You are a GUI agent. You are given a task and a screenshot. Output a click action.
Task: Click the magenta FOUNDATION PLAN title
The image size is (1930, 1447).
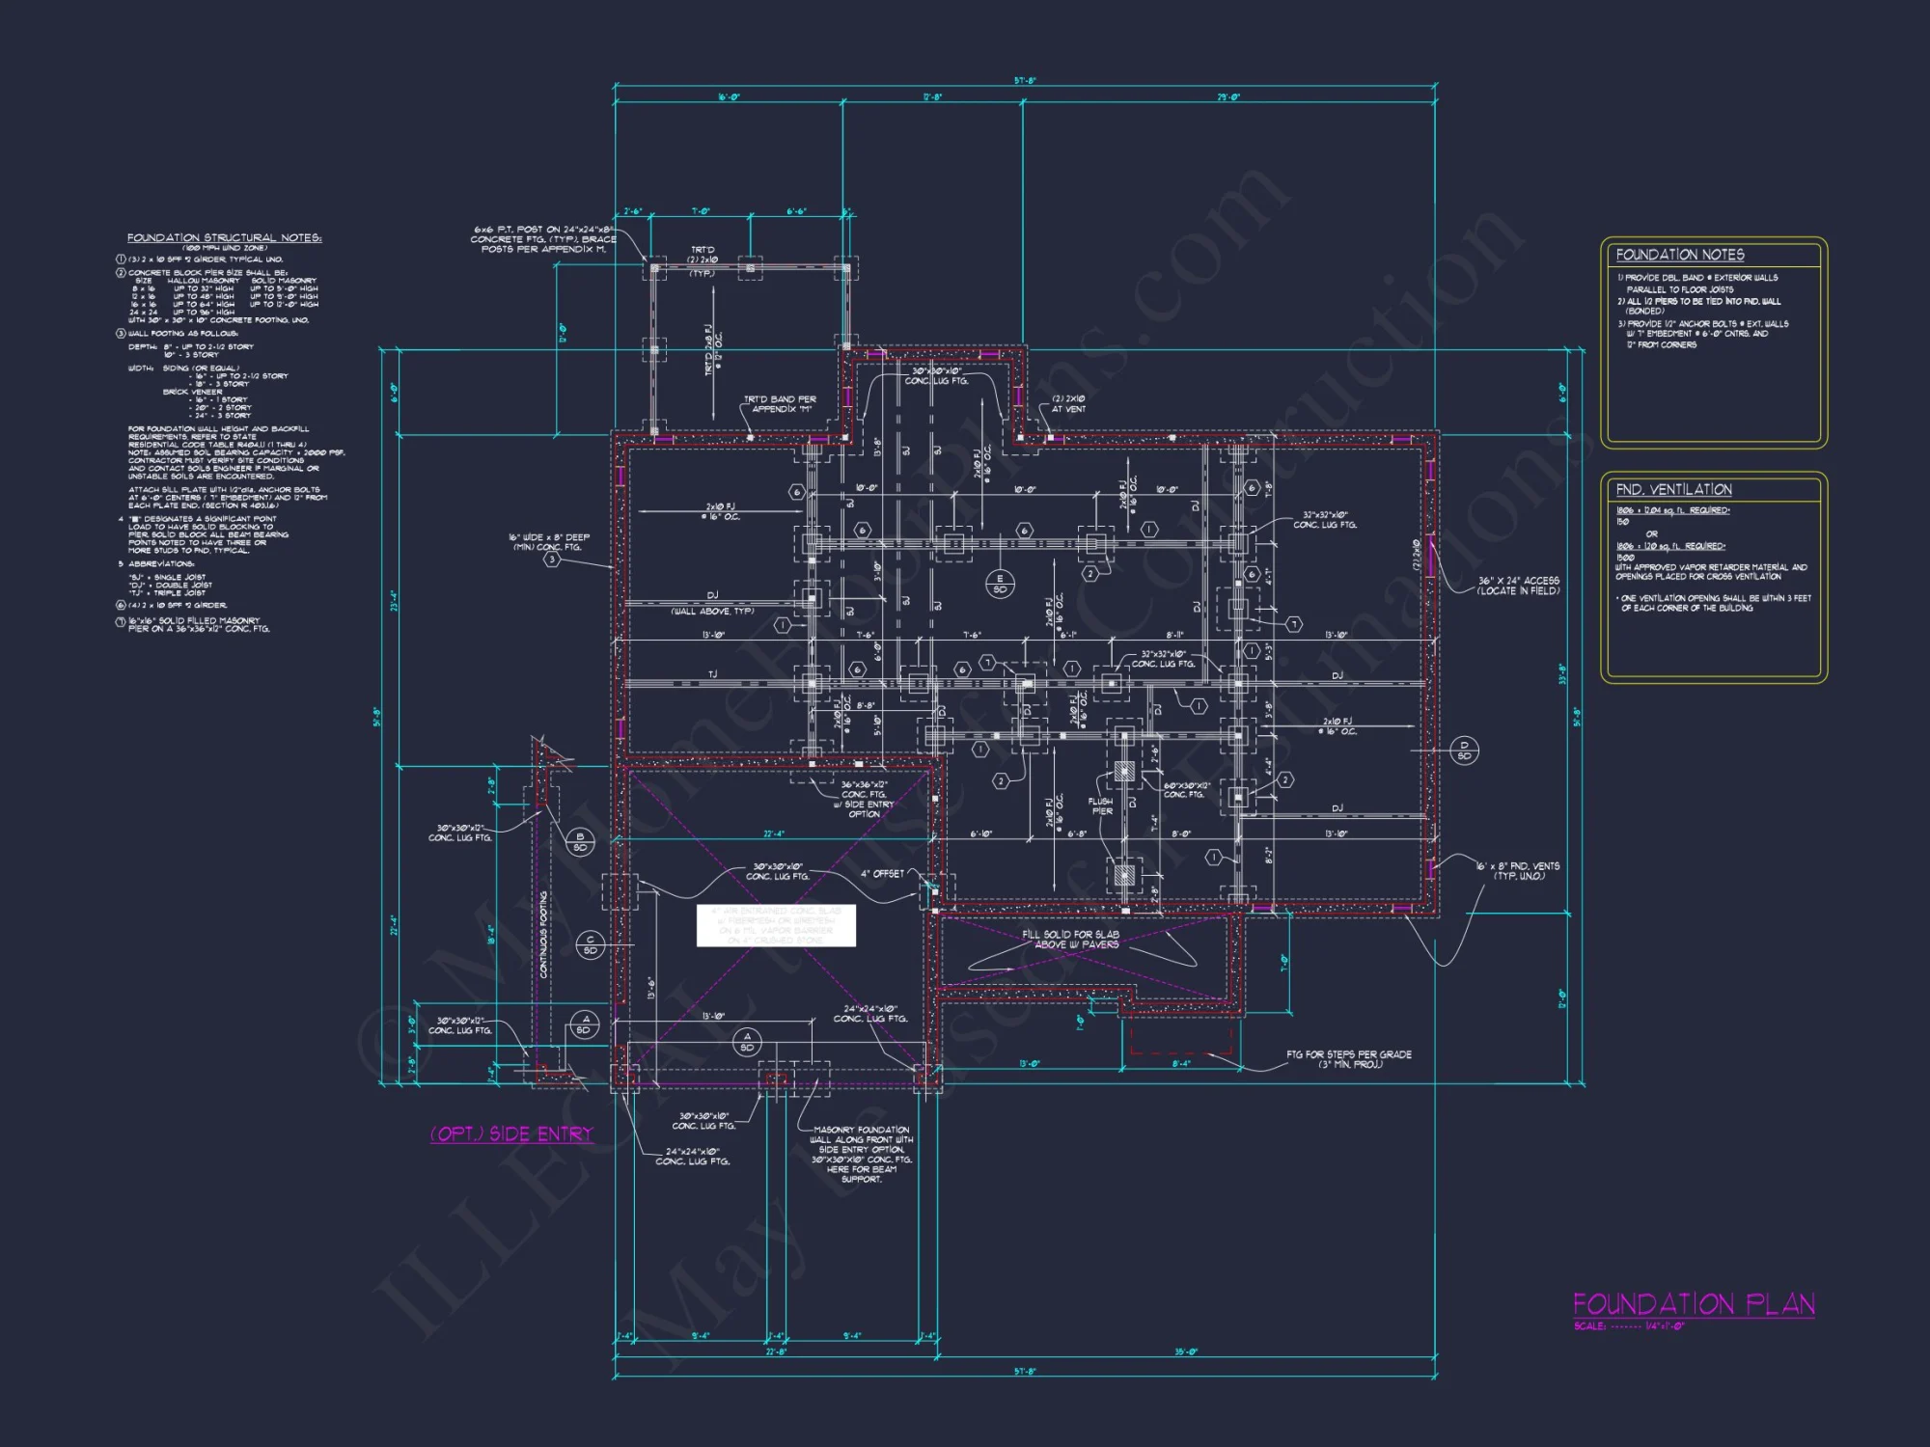pos(1694,1304)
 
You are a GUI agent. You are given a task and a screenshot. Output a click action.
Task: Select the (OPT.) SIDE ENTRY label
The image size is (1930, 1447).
pos(511,1133)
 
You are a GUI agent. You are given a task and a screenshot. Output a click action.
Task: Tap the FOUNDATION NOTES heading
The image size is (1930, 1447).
pos(1680,255)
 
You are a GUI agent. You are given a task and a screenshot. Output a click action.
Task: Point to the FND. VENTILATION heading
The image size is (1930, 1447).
pos(1673,490)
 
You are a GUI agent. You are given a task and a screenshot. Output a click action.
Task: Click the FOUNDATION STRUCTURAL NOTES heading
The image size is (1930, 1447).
pos(224,237)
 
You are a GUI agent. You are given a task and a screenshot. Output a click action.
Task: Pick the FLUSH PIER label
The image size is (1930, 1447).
pos(1101,805)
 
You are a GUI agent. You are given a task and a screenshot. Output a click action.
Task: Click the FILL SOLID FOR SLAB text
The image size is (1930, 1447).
pos(1070,934)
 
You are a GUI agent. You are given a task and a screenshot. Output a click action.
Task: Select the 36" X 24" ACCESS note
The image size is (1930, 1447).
pos(1517,586)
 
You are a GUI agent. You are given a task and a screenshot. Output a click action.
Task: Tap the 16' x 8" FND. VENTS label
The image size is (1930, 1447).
pos(1517,870)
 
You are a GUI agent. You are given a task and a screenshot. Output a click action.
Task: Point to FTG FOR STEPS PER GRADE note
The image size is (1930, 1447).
pos(1348,1058)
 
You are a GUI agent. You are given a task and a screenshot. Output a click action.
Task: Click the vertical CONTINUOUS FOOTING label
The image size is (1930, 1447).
pos(543,934)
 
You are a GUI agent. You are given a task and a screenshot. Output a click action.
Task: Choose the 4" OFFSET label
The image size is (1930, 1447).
pos(882,873)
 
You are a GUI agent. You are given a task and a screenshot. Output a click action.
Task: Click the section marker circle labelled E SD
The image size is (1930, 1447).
pos(1000,584)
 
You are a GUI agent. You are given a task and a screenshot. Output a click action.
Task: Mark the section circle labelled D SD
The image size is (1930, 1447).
pos(1464,750)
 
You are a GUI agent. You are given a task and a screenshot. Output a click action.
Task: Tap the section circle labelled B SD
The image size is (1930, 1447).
pos(580,841)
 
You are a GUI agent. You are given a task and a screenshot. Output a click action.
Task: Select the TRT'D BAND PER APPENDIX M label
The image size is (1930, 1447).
pos(779,403)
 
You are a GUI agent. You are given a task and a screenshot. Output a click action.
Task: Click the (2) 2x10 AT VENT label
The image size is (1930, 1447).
pos(1068,403)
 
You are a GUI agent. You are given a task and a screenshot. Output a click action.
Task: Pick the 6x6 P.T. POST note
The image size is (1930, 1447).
pos(543,238)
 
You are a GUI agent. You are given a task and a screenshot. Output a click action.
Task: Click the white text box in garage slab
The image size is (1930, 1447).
pos(776,925)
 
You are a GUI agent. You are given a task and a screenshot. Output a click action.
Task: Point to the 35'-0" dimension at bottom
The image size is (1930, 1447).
pos(1185,1351)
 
